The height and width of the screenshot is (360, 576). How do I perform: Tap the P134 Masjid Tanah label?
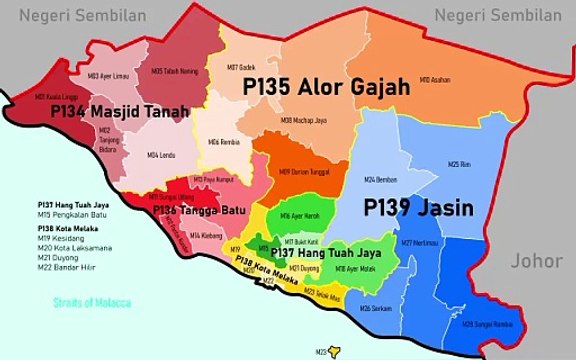coord(121,113)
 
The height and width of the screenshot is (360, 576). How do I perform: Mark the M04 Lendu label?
coord(161,155)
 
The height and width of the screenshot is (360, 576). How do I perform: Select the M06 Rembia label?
coord(222,143)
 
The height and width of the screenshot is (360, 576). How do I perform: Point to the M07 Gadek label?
coord(241,67)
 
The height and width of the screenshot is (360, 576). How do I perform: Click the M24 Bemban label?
coord(381,179)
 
